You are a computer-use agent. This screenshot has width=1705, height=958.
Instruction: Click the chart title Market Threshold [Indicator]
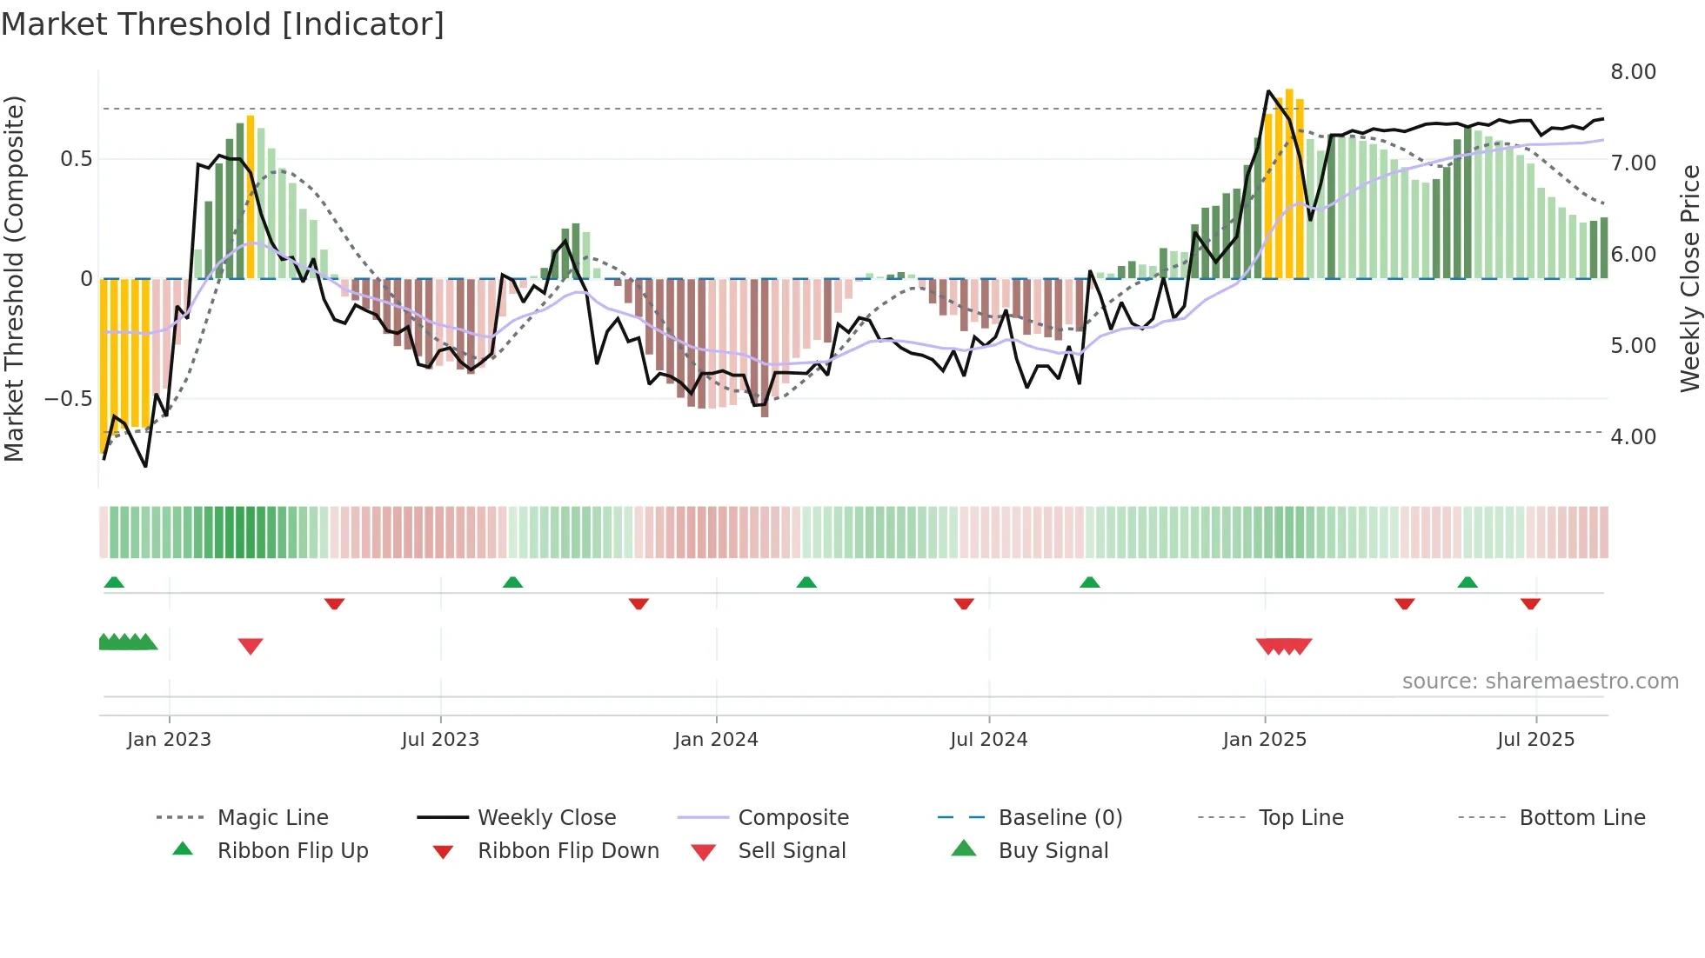223,24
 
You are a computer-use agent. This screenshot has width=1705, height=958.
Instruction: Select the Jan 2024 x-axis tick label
716,740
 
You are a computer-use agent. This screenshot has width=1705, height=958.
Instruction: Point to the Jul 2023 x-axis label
440,740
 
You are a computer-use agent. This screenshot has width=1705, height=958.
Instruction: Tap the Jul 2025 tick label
1535,740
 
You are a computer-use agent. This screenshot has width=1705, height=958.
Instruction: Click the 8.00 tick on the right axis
1633,72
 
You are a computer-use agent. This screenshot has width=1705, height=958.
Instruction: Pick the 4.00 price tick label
1633,437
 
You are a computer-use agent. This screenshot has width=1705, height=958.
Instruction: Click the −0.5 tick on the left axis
68,399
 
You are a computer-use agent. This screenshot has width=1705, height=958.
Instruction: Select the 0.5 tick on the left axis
76,159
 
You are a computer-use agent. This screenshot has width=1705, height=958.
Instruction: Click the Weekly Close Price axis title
1689,278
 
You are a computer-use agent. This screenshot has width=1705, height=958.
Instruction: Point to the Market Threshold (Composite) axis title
14,278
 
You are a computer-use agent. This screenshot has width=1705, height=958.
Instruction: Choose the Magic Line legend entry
272,818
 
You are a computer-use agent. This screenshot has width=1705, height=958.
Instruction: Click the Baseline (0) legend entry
1060,818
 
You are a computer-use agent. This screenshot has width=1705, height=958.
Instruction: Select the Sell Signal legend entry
792,851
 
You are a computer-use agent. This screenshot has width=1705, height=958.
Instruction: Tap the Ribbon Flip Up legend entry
292,851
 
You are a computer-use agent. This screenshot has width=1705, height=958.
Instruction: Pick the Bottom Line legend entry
1581,818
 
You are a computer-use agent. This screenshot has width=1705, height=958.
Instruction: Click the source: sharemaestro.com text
1540,682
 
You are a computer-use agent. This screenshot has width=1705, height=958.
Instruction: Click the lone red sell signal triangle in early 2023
251,646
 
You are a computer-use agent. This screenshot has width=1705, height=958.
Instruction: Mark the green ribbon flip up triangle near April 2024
806,582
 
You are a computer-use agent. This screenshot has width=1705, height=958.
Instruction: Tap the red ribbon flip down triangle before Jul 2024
963,603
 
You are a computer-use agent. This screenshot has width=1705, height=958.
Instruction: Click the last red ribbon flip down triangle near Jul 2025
1530,603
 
